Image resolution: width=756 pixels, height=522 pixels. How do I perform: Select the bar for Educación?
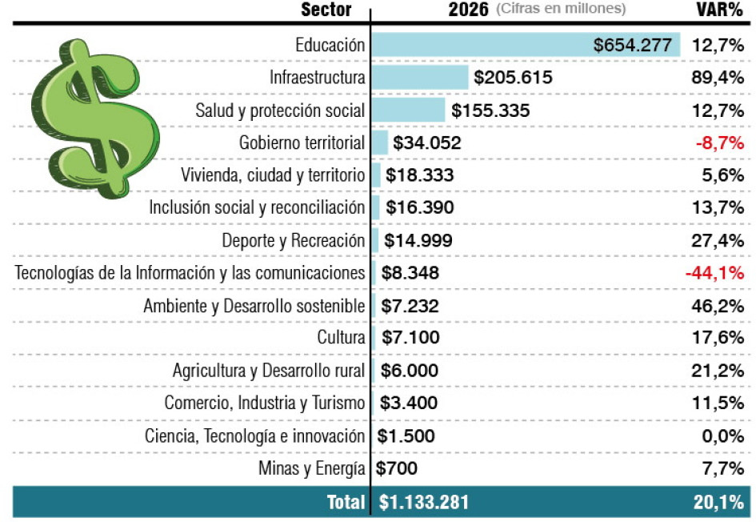[480, 45]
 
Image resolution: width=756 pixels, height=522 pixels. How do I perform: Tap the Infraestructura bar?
[420, 78]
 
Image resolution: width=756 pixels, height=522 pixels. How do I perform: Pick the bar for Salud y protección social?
[408, 110]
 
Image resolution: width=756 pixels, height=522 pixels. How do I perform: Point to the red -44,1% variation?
[714, 273]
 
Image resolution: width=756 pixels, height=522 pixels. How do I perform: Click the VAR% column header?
[720, 10]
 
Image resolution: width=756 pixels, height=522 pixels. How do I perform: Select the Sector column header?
[326, 10]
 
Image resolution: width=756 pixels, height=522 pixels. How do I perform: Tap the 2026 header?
[468, 10]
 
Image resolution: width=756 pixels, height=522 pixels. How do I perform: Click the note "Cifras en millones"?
[561, 10]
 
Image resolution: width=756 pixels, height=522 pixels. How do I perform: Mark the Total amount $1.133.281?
[423, 502]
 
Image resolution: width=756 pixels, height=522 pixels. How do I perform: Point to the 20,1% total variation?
[718, 502]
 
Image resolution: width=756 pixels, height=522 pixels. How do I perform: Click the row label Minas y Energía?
[312, 468]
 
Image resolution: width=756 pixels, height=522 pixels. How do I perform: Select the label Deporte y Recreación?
[294, 240]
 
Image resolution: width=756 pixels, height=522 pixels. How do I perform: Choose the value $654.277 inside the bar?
[632, 45]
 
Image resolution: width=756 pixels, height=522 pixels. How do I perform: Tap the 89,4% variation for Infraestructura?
[718, 78]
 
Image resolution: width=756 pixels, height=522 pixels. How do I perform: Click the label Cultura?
[341, 338]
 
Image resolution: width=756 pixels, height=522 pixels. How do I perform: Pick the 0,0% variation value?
[722, 436]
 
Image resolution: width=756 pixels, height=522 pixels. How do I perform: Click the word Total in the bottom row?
[346, 502]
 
